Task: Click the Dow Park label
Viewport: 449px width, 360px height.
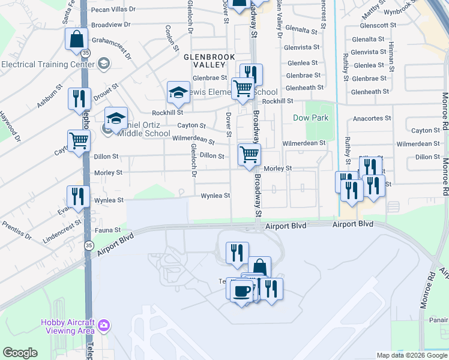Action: pyautogui.click(x=311, y=118)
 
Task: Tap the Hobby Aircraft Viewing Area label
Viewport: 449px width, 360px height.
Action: pyautogui.click(x=68, y=326)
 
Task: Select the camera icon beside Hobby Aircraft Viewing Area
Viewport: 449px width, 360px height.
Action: pyautogui.click(x=104, y=326)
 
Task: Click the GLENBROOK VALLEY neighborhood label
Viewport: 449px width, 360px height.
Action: pyautogui.click(x=209, y=60)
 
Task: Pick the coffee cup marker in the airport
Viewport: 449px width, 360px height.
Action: pyautogui.click(x=241, y=291)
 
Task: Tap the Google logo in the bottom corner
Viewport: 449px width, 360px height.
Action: pyautogui.click(x=20, y=353)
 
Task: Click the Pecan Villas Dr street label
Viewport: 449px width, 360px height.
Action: pyautogui.click(x=113, y=10)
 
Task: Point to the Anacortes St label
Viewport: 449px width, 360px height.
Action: pyautogui.click(x=372, y=118)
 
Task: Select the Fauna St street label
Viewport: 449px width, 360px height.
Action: pyautogui.click(x=108, y=230)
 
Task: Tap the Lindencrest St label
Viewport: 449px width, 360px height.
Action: pyautogui.click(x=62, y=232)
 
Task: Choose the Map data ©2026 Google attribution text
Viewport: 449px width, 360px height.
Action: pyautogui.click(x=411, y=355)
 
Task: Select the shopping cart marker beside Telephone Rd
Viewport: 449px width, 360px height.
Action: pyautogui.click(x=79, y=142)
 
